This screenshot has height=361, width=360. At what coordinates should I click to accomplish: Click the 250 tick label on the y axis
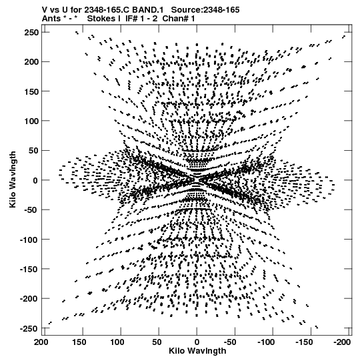(x=31, y=33)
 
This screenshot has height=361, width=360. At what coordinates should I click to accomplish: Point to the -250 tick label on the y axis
(x=29, y=328)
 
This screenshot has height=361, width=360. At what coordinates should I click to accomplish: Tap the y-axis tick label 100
(x=31, y=121)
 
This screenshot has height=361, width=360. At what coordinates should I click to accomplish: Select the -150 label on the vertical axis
(x=29, y=269)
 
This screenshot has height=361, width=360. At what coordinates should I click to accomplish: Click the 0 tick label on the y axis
(x=35, y=180)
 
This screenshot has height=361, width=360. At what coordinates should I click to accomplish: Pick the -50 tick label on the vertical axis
(x=32, y=210)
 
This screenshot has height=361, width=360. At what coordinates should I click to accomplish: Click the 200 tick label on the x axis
(x=41, y=342)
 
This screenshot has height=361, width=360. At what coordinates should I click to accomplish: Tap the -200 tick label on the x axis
(x=343, y=342)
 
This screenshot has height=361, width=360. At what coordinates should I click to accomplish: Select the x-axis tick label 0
(x=197, y=342)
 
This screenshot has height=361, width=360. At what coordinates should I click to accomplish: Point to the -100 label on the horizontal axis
(x=267, y=342)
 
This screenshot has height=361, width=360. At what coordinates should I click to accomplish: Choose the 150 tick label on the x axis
(x=79, y=342)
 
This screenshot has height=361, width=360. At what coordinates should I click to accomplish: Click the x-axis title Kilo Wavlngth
(x=197, y=351)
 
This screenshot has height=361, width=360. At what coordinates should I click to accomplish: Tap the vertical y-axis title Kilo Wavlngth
(x=13, y=179)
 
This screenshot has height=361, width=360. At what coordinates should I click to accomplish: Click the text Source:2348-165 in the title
(x=205, y=10)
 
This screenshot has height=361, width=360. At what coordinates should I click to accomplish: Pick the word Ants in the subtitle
(x=51, y=19)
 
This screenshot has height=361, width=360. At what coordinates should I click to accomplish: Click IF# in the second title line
(x=131, y=19)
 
